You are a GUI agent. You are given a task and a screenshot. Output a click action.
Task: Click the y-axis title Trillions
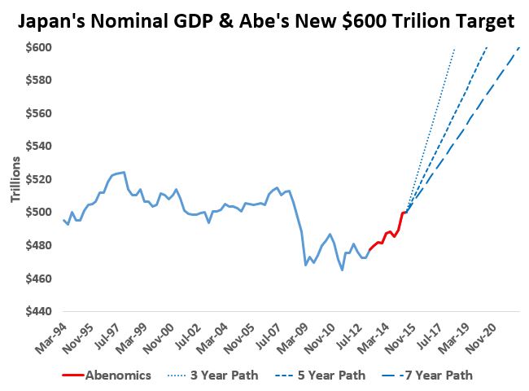15,179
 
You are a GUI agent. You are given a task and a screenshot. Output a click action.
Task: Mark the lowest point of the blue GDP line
342,270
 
